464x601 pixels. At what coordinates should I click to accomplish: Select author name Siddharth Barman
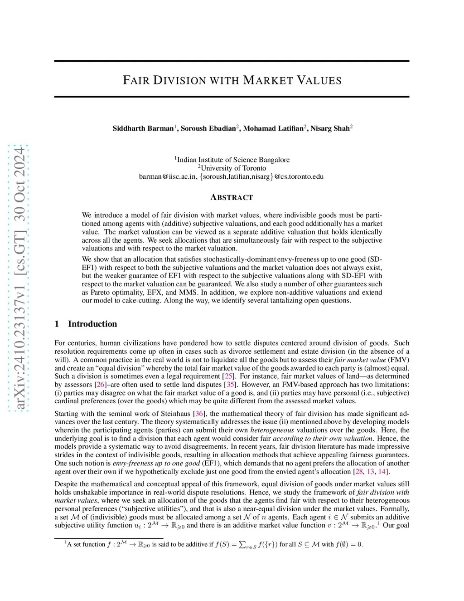[143, 128]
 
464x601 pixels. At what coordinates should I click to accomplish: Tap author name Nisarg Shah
[330, 128]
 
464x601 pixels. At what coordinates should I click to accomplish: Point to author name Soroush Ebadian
[208, 128]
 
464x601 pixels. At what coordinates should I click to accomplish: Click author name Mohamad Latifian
[273, 128]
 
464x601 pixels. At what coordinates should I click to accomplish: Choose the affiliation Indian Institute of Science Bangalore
[233, 160]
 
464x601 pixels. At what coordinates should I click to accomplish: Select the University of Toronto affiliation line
[233, 168]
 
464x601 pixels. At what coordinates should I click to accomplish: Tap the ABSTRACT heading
[232, 197]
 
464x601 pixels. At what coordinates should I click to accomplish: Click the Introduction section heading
[92, 324]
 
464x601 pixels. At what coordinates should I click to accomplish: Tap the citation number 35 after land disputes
[231, 385]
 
